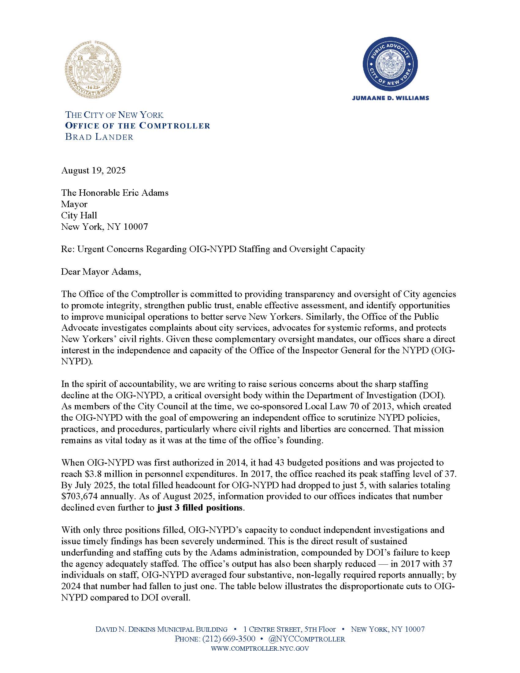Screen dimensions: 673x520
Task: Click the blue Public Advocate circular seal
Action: [390, 65]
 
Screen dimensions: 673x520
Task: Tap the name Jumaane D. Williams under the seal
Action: [390, 98]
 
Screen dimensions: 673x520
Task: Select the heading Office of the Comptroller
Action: [137, 126]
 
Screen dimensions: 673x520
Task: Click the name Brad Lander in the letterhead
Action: [99, 137]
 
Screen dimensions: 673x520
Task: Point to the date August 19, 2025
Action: [93, 170]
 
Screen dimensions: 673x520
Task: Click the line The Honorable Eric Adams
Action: [115, 193]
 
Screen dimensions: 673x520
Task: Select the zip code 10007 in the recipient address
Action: [136, 227]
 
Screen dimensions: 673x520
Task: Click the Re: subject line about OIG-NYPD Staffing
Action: [213, 249]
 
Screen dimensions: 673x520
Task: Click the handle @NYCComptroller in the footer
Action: [306, 639]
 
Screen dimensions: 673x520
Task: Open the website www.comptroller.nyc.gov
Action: [260, 648]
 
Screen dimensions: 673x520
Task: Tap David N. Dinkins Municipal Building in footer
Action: [162, 629]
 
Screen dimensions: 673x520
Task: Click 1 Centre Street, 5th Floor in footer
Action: [289, 629]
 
